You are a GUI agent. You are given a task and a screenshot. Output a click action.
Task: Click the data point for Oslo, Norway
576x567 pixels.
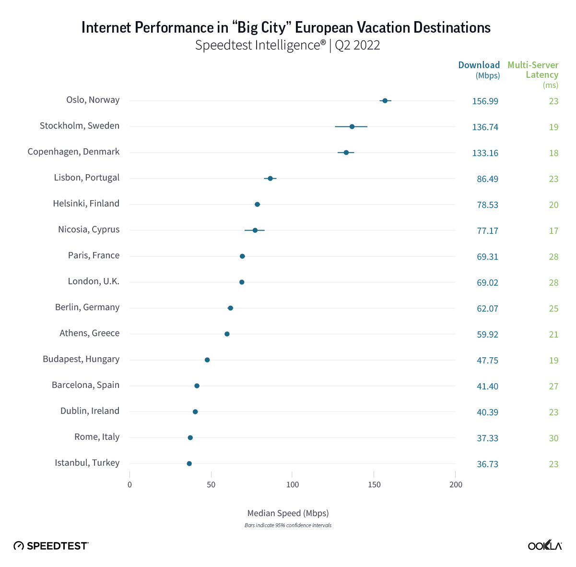[x=385, y=100]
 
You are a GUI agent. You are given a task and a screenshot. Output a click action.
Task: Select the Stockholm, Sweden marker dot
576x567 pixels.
[x=352, y=126]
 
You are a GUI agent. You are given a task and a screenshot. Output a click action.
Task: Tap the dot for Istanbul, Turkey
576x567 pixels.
[x=189, y=463]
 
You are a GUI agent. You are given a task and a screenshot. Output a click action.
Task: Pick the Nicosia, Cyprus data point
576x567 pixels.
[x=255, y=230]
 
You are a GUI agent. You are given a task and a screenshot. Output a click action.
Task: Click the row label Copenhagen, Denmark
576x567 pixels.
[x=73, y=152]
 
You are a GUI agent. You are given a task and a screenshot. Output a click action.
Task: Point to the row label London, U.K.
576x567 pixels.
[x=94, y=281]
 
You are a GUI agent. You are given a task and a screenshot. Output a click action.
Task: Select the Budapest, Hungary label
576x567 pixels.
[x=81, y=359]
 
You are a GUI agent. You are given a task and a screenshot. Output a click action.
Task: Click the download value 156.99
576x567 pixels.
[x=485, y=101]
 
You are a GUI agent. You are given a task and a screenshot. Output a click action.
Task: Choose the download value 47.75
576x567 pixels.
[x=487, y=361]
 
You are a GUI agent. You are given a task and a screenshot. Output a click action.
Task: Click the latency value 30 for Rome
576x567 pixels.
[x=553, y=438]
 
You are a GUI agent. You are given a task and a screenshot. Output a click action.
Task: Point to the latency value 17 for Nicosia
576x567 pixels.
[x=553, y=231]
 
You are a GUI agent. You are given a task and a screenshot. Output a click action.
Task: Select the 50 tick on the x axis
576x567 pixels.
[x=211, y=484]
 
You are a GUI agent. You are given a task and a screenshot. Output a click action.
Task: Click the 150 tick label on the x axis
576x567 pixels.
[x=374, y=484]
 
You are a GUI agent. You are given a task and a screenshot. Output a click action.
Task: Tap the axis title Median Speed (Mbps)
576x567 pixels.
[x=288, y=513]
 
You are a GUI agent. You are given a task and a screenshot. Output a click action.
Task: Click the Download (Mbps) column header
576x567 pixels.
[x=479, y=70]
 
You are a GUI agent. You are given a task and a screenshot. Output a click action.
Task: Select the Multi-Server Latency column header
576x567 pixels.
[x=533, y=70]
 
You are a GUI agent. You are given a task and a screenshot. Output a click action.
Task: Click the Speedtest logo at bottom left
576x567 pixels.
[x=51, y=545]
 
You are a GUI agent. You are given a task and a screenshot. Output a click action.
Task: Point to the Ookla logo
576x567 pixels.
[x=545, y=545]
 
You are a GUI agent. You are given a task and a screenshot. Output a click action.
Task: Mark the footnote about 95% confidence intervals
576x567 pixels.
[x=288, y=525]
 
